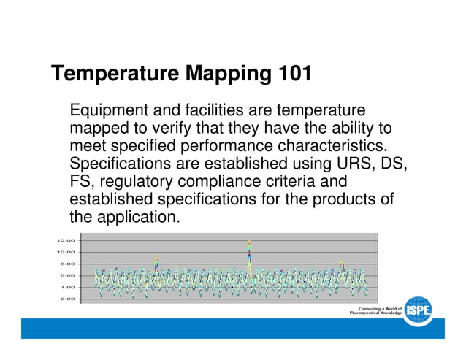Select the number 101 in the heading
tap(293, 74)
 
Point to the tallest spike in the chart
tap(249, 242)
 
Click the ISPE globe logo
tap(419, 311)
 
